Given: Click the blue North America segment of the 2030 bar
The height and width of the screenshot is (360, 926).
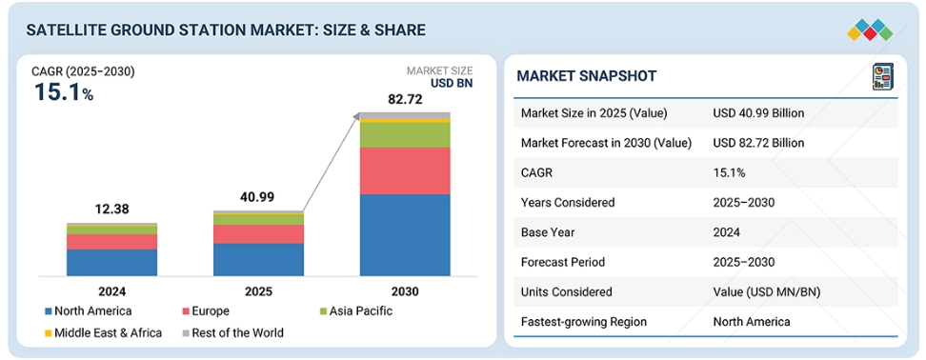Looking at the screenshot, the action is pyautogui.click(x=405, y=235).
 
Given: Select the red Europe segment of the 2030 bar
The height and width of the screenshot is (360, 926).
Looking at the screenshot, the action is pyautogui.click(x=405, y=171).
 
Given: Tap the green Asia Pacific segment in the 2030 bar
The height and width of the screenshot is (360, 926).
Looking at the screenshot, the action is pyautogui.click(x=405, y=135).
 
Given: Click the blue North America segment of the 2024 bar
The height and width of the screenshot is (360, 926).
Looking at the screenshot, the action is pyautogui.click(x=111, y=263).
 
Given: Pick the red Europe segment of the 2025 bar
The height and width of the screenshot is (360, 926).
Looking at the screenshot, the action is pyautogui.click(x=259, y=234).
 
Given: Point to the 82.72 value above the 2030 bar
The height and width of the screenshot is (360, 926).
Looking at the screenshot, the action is pyautogui.click(x=405, y=100).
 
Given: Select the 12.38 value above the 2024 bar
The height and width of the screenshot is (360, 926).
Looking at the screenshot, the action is pyautogui.click(x=111, y=210).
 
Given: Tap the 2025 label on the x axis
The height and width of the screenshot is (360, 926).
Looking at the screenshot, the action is pyautogui.click(x=259, y=291).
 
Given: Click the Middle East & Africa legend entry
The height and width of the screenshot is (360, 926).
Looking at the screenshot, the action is pyautogui.click(x=103, y=332).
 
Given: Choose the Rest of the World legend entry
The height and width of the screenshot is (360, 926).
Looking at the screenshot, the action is pyautogui.click(x=232, y=332).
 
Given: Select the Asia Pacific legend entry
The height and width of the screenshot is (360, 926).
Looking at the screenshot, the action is pyautogui.click(x=355, y=311).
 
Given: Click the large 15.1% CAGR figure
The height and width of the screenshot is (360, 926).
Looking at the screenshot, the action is pyautogui.click(x=64, y=92).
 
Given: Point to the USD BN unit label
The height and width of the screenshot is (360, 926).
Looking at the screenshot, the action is pyautogui.click(x=452, y=84).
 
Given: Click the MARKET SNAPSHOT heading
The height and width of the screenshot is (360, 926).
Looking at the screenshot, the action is pyautogui.click(x=587, y=76).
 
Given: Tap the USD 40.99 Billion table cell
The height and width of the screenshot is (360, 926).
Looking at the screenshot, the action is pyautogui.click(x=759, y=113).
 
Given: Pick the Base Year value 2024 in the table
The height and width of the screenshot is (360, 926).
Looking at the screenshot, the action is pyautogui.click(x=726, y=232).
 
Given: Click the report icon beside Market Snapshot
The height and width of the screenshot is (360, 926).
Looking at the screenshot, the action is pyautogui.click(x=883, y=77).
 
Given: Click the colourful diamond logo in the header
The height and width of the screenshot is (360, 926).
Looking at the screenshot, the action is pyautogui.click(x=870, y=30).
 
